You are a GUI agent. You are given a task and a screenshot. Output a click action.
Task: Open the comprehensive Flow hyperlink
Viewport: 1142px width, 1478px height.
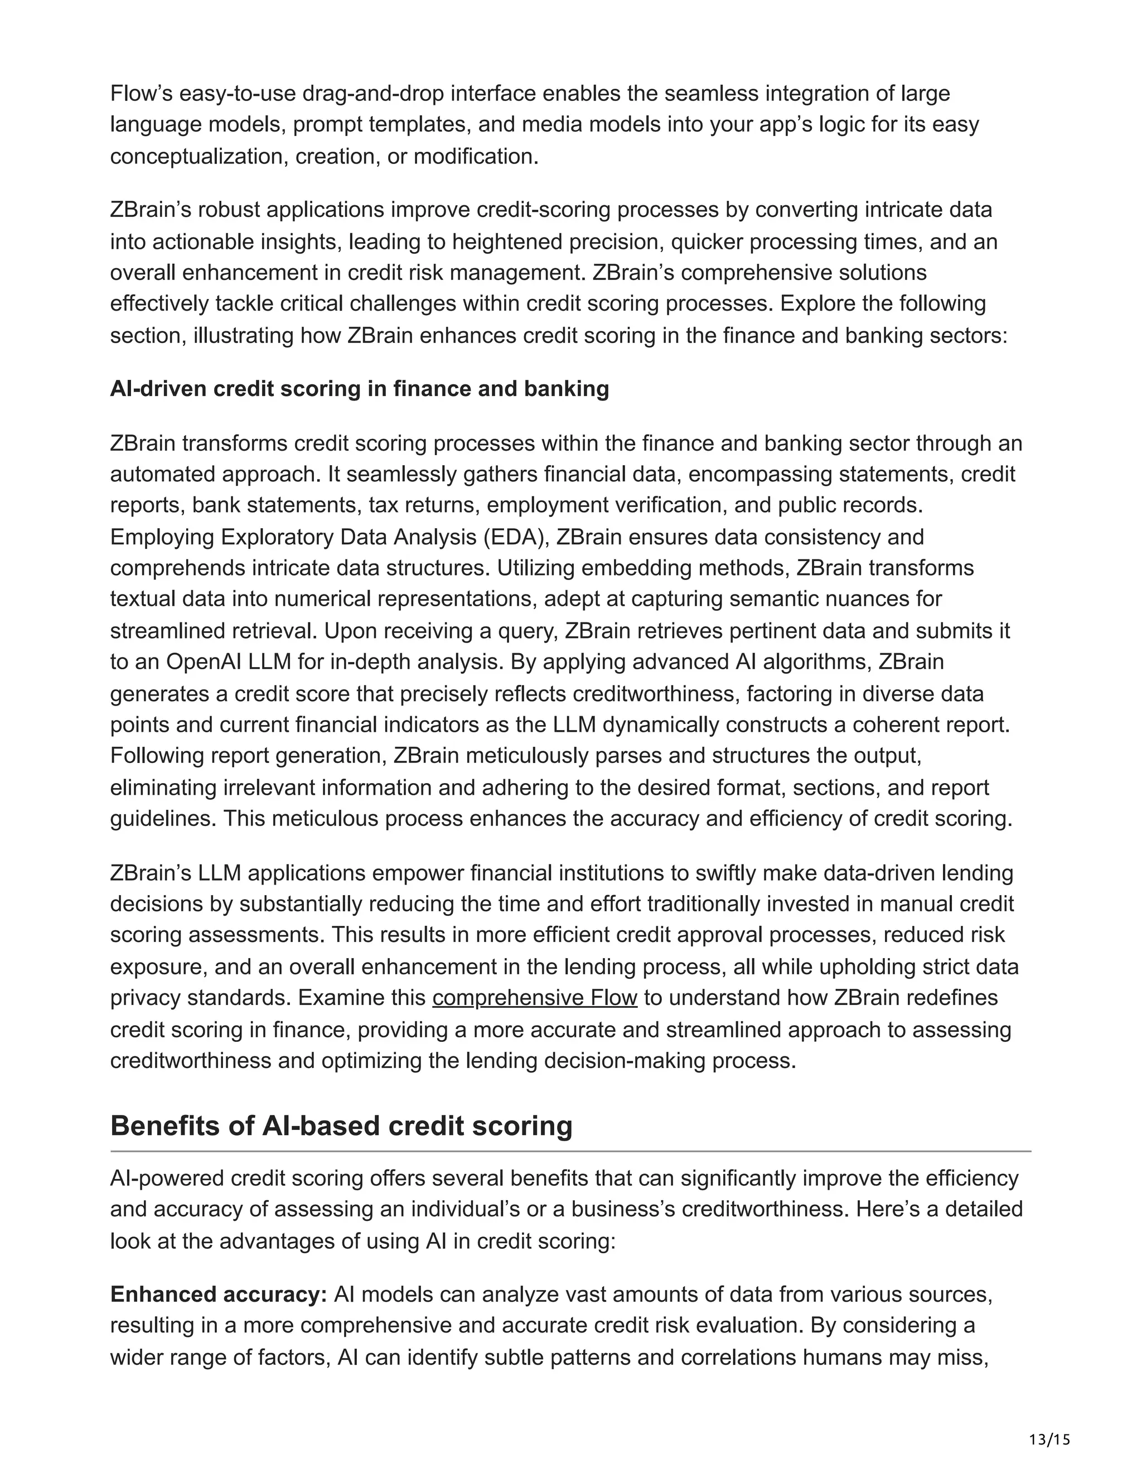(x=534, y=998)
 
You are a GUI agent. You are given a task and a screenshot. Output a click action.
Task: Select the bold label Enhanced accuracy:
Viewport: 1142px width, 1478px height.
(x=219, y=1295)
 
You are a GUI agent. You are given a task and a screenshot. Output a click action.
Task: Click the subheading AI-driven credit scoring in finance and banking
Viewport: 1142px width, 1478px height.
(x=359, y=389)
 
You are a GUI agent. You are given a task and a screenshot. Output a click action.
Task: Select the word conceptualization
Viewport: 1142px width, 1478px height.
(x=197, y=156)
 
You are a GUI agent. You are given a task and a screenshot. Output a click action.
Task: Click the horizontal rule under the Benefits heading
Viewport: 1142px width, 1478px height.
(x=570, y=1151)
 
